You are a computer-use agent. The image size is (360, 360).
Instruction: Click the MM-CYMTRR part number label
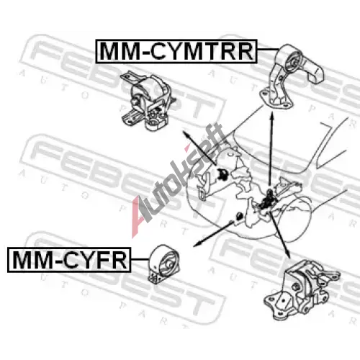(x=176, y=51)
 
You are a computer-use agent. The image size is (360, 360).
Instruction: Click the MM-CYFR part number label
(x=69, y=260)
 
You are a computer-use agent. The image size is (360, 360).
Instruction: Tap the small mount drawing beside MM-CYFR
(x=163, y=264)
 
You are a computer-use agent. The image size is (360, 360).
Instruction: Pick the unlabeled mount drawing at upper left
(x=148, y=101)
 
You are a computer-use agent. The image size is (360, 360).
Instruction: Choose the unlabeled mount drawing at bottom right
(x=302, y=290)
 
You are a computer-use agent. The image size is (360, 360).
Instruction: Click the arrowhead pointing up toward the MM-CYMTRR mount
(x=271, y=117)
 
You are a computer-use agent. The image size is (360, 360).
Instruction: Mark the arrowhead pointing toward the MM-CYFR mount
(x=197, y=244)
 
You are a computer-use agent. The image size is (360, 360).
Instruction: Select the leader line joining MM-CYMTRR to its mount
(x=268, y=49)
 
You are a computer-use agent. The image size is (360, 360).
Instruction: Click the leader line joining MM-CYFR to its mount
(x=140, y=259)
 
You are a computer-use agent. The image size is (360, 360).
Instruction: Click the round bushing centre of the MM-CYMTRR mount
(x=293, y=62)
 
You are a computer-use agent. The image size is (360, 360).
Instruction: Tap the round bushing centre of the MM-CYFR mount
(x=168, y=265)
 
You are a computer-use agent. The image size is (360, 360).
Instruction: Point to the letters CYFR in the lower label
(x=95, y=260)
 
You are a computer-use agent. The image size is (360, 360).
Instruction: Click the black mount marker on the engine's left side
(x=222, y=174)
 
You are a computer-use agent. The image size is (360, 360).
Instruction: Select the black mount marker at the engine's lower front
(x=239, y=216)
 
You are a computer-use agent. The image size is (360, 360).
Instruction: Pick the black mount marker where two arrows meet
(x=268, y=200)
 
